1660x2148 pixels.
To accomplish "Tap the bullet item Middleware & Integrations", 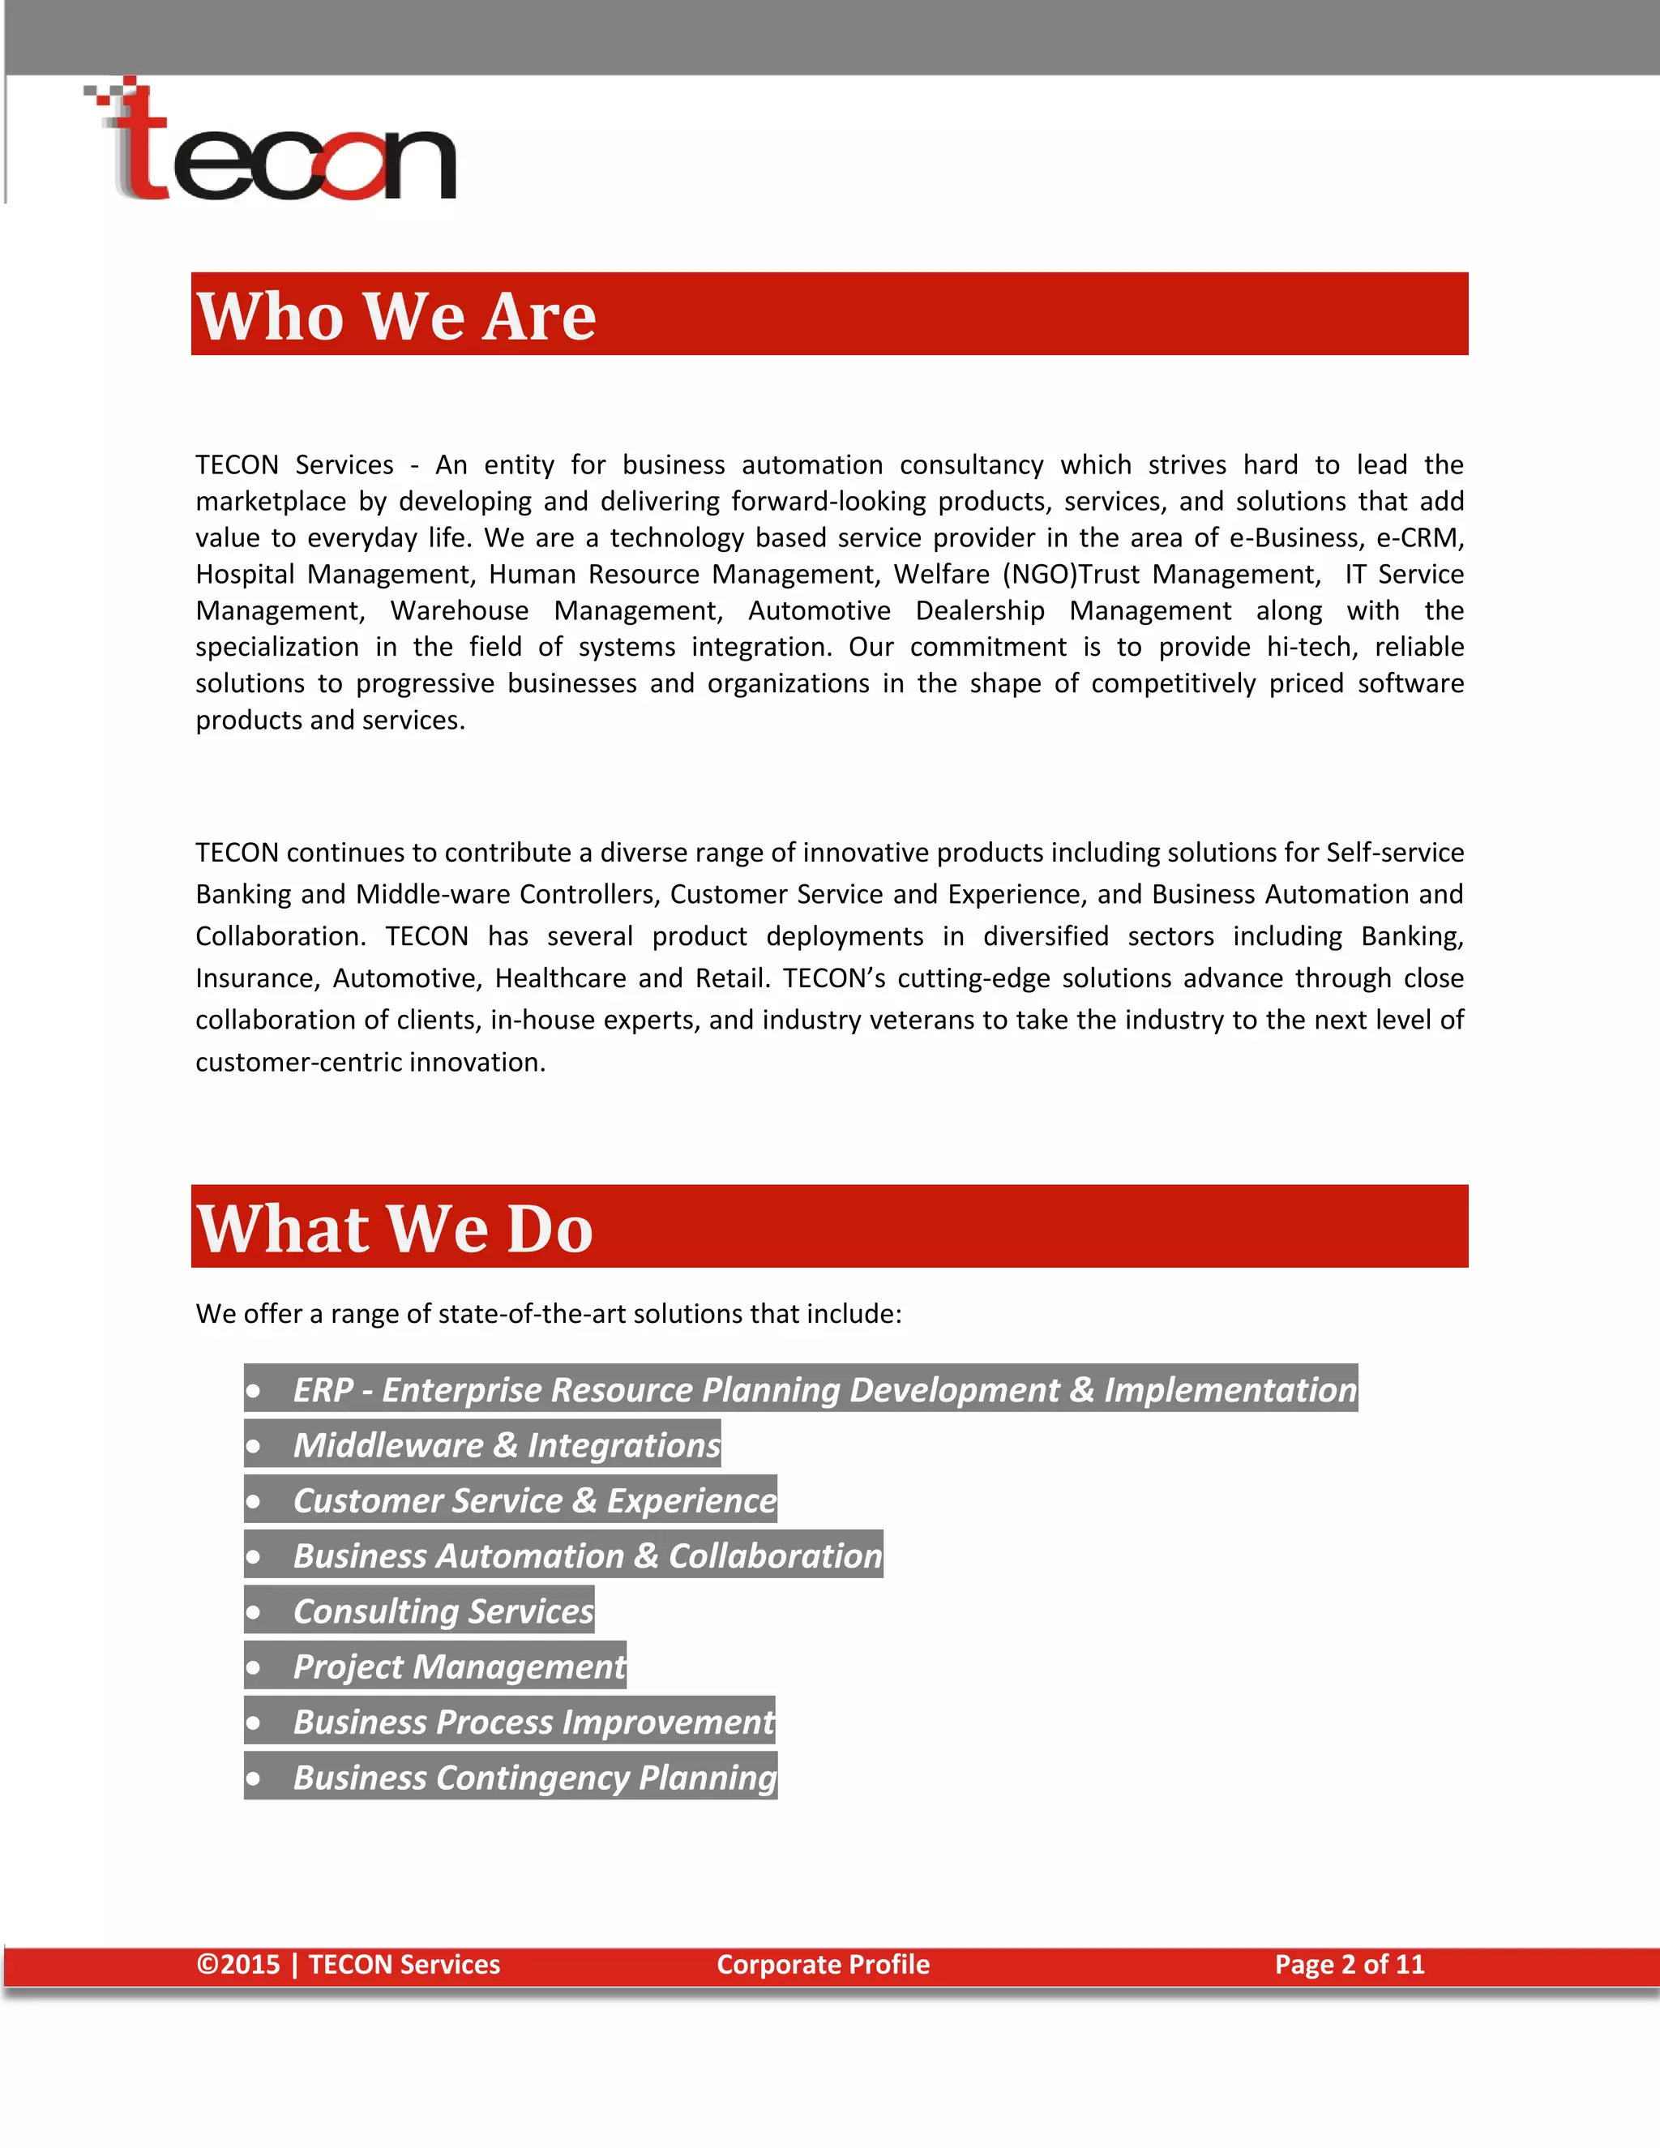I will (x=506, y=1444).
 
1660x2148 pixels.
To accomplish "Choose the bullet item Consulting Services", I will (x=443, y=1611).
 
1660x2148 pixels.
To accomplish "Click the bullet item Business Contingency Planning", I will (x=534, y=1778).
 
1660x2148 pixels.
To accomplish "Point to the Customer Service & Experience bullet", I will (x=534, y=1500).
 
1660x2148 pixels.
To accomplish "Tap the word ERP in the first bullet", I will (x=323, y=1389).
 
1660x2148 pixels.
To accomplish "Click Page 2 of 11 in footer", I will (x=1350, y=1964).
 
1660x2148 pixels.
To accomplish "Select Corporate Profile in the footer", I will (x=824, y=1964).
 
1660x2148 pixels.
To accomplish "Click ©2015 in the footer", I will (x=239, y=1964).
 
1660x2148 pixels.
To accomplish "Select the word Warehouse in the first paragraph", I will (x=460, y=611).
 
